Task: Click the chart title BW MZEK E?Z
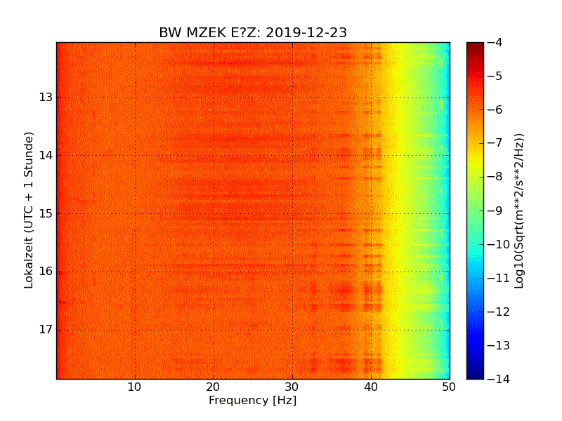pos(209,33)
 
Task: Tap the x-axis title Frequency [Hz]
pos(252,401)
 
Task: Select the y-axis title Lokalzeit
pos(29,210)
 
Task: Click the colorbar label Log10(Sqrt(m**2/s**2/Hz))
pos(519,210)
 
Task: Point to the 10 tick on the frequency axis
pos(135,387)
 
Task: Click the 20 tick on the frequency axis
pos(214,387)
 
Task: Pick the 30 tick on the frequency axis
pos(292,387)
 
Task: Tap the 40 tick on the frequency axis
pos(371,387)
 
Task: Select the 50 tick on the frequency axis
pos(449,387)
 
